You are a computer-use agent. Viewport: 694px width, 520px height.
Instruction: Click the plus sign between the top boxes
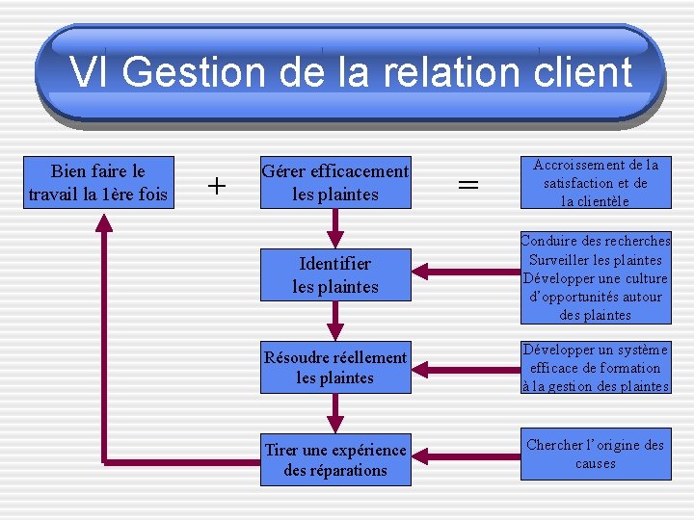218,184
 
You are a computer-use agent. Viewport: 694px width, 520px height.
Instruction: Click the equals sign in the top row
468,184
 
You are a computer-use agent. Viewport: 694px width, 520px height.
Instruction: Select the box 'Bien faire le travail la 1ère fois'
98,183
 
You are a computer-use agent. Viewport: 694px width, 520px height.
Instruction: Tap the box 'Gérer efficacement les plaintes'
335,183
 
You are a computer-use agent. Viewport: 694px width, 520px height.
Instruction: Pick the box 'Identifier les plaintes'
335,274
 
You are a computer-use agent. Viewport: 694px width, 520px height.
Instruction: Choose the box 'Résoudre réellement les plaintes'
335,367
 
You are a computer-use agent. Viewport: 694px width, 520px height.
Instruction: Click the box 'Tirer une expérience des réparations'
335,459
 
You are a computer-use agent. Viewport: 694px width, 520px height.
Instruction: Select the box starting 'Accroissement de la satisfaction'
596,183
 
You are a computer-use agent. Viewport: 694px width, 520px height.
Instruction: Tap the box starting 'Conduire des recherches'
596,277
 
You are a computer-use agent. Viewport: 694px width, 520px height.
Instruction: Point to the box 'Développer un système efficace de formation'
596,367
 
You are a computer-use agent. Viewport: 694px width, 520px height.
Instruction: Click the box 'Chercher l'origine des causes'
596,454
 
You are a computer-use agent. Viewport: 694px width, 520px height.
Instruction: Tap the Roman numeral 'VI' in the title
91,72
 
